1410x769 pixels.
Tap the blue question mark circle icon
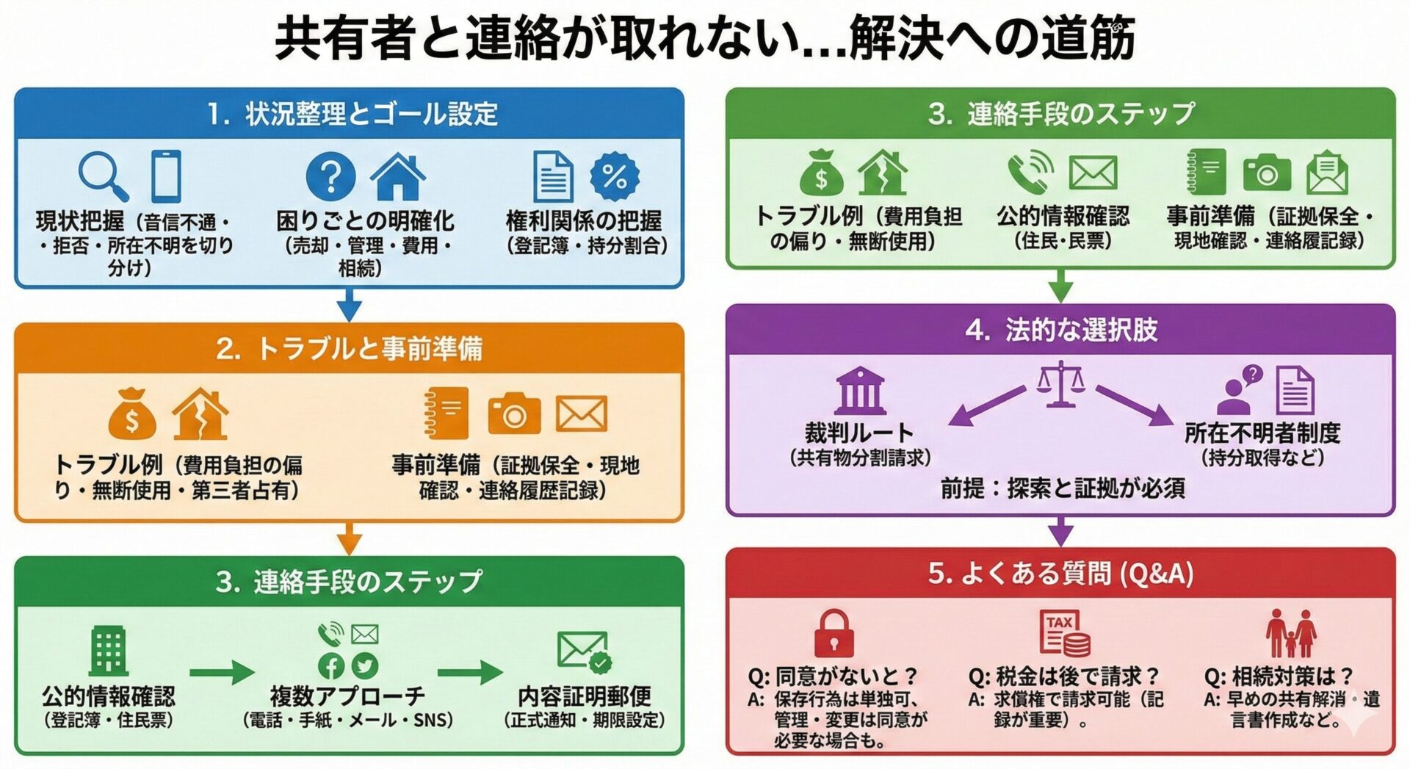[x=330, y=176]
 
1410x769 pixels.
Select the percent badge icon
[x=615, y=176]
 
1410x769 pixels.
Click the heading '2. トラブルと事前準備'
[x=349, y=349]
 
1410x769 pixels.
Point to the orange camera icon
[x=514, y=415]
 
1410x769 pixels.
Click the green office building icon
[x=109, y=651]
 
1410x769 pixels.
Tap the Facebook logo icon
[x=331, y=665]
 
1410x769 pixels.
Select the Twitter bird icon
[x=365, y=665]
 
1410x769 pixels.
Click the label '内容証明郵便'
[x=584, y=696]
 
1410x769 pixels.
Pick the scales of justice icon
[x=1060, y=383]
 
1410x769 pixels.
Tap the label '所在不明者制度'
[x=1262, y=433]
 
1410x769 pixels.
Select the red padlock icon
[x=834, y=633]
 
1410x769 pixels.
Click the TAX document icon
[x=1063, y=632]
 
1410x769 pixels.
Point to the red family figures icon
[x=1291, y=633]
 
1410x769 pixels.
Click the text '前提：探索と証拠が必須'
[x=1062, y=488]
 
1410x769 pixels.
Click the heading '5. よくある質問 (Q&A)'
[x=1060, y=574]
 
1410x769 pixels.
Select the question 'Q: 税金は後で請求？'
[x=1063, y=676]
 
